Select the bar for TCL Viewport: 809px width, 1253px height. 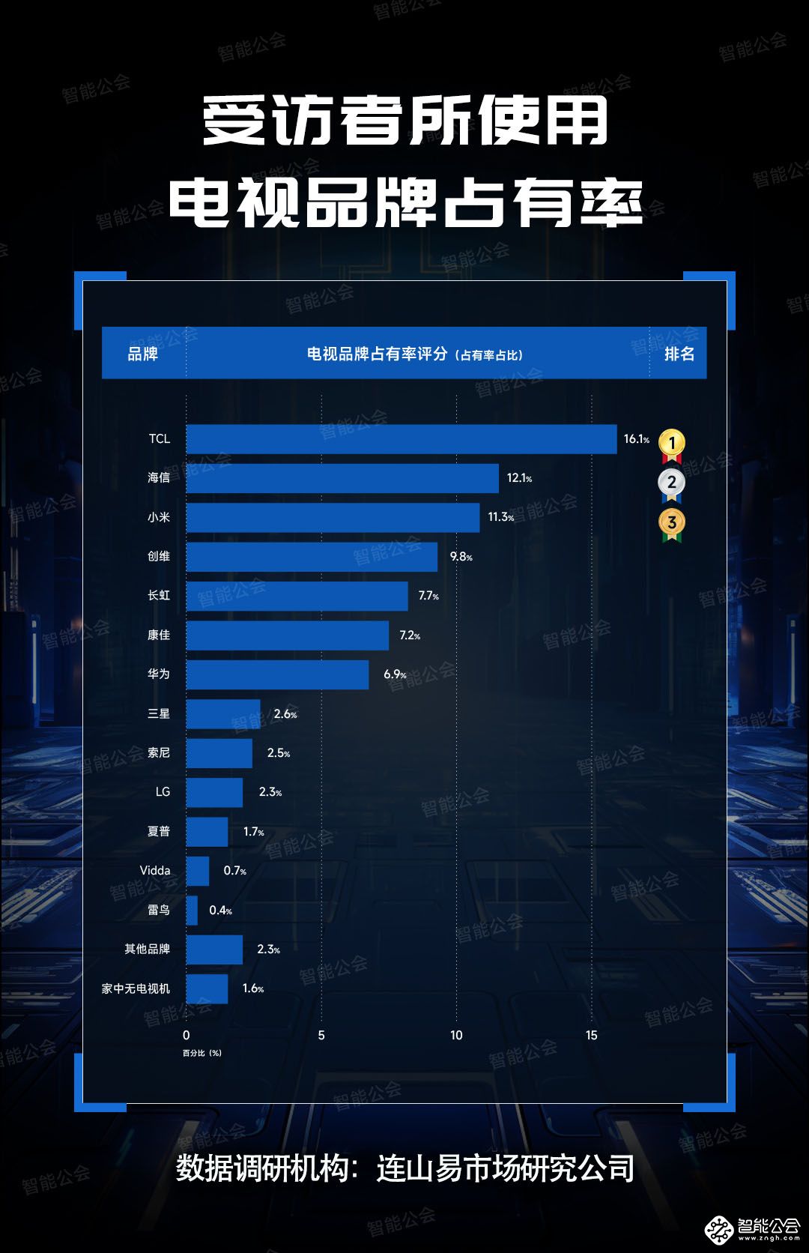point(402,439)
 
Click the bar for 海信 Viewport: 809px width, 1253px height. point(342,478)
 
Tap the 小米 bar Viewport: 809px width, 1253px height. point(333,517)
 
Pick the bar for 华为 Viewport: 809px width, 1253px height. point(277,674)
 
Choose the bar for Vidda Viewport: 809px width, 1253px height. point(198,871)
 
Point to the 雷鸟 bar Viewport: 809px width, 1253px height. point(192,911)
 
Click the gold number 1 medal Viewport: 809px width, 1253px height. point(672,444)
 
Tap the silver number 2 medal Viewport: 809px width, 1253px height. point(672,483)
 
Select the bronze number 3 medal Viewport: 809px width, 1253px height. point(672,523)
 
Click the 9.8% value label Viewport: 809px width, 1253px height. point(461,557)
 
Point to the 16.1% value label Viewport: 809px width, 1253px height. point(636,439)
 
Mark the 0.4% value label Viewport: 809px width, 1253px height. point(220,911)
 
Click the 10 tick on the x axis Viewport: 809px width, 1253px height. point(456,1035)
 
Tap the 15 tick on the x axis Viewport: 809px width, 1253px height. point(592,1035)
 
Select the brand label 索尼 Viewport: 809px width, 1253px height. point(159,752)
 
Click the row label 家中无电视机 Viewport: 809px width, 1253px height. point(136,988)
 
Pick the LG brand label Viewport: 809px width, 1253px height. point(163,792)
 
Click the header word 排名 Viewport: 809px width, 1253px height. point(679,354)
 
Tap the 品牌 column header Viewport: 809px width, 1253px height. point(142,354)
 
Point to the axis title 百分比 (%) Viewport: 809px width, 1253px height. point(202,1053)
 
